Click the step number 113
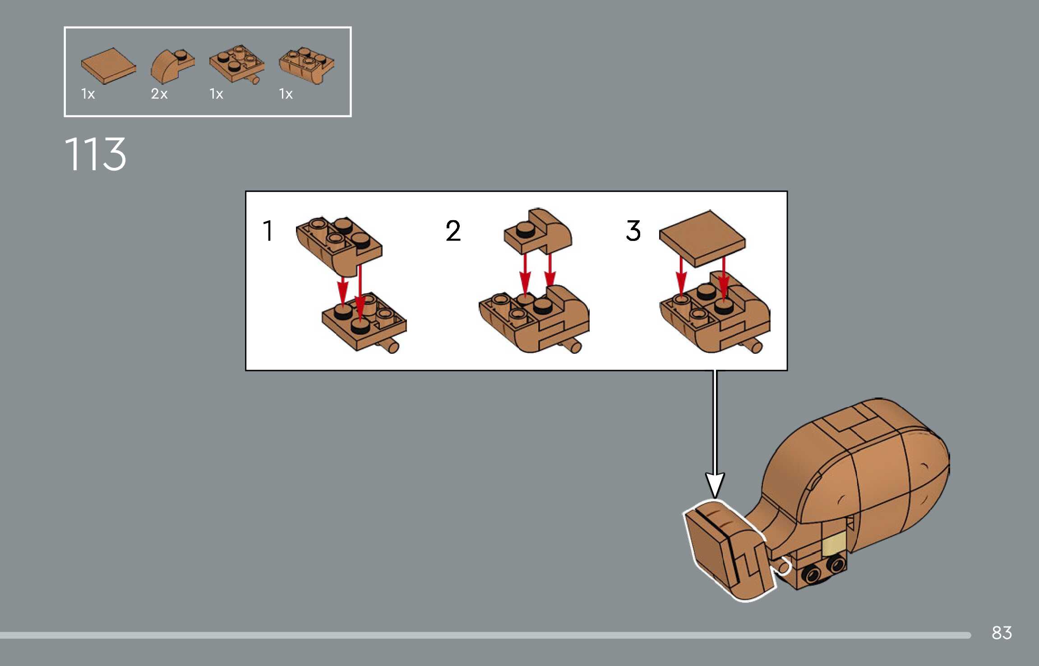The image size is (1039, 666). pos(95,154)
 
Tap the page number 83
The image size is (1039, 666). pos(1002,633)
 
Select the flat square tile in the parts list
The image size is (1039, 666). pos(108,65)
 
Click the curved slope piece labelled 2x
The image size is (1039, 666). pos(171,66)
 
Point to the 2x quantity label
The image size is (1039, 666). pos(159,94)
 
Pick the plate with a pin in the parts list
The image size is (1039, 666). pos(236,65)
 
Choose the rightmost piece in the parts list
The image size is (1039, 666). pos(306,65)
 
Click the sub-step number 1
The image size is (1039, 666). pos(268,231)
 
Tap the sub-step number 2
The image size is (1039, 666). pos(453,231)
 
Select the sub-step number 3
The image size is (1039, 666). pos(633,231)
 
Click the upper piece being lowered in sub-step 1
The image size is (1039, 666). pos(338,244)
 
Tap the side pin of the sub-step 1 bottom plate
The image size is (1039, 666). pos(391,347)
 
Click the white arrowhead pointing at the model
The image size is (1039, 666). pos(715,485)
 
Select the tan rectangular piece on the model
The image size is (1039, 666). pos(834,543)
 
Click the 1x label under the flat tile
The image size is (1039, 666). pos(88,94)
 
